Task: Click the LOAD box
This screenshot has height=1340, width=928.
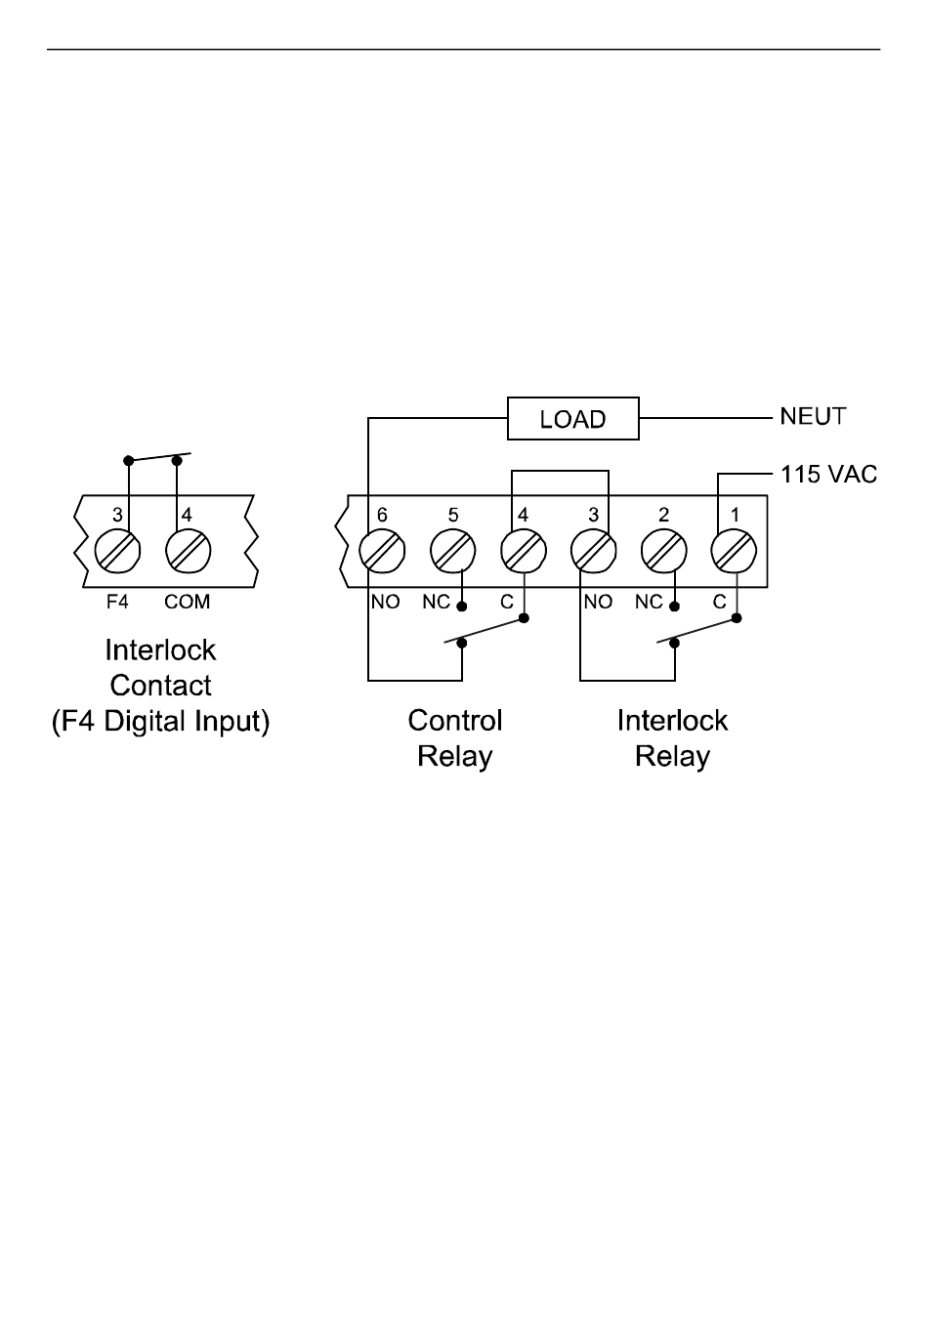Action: point(572,418)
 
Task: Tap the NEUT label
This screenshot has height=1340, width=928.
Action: point(813,416)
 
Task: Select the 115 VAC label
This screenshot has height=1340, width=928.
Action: point(828,474)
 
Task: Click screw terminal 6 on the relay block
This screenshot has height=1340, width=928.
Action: point(382,551)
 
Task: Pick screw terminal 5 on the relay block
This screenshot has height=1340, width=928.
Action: point(452,551)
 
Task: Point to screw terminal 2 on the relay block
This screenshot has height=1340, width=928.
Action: point(663,551)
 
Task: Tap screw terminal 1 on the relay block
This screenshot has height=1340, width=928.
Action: point(734,551)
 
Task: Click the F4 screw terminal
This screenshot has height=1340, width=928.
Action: point(117,551)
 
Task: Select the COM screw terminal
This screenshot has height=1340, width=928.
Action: point(188,551)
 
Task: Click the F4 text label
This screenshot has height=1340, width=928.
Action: point(117,602)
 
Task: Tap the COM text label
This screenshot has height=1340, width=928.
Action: point(188,602)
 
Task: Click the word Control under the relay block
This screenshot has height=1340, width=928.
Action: point(455,720)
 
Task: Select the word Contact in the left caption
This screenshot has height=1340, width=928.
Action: point(160,686)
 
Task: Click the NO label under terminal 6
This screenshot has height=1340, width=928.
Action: point(385,602)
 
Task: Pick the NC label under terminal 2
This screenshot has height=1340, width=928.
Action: point(649,602)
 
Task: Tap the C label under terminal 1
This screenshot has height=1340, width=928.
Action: point(719,602)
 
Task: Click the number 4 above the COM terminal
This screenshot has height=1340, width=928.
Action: point(187,515)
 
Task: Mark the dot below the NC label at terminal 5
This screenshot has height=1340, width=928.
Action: point(461,607)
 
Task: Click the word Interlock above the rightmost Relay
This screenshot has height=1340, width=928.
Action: point(672,720)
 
